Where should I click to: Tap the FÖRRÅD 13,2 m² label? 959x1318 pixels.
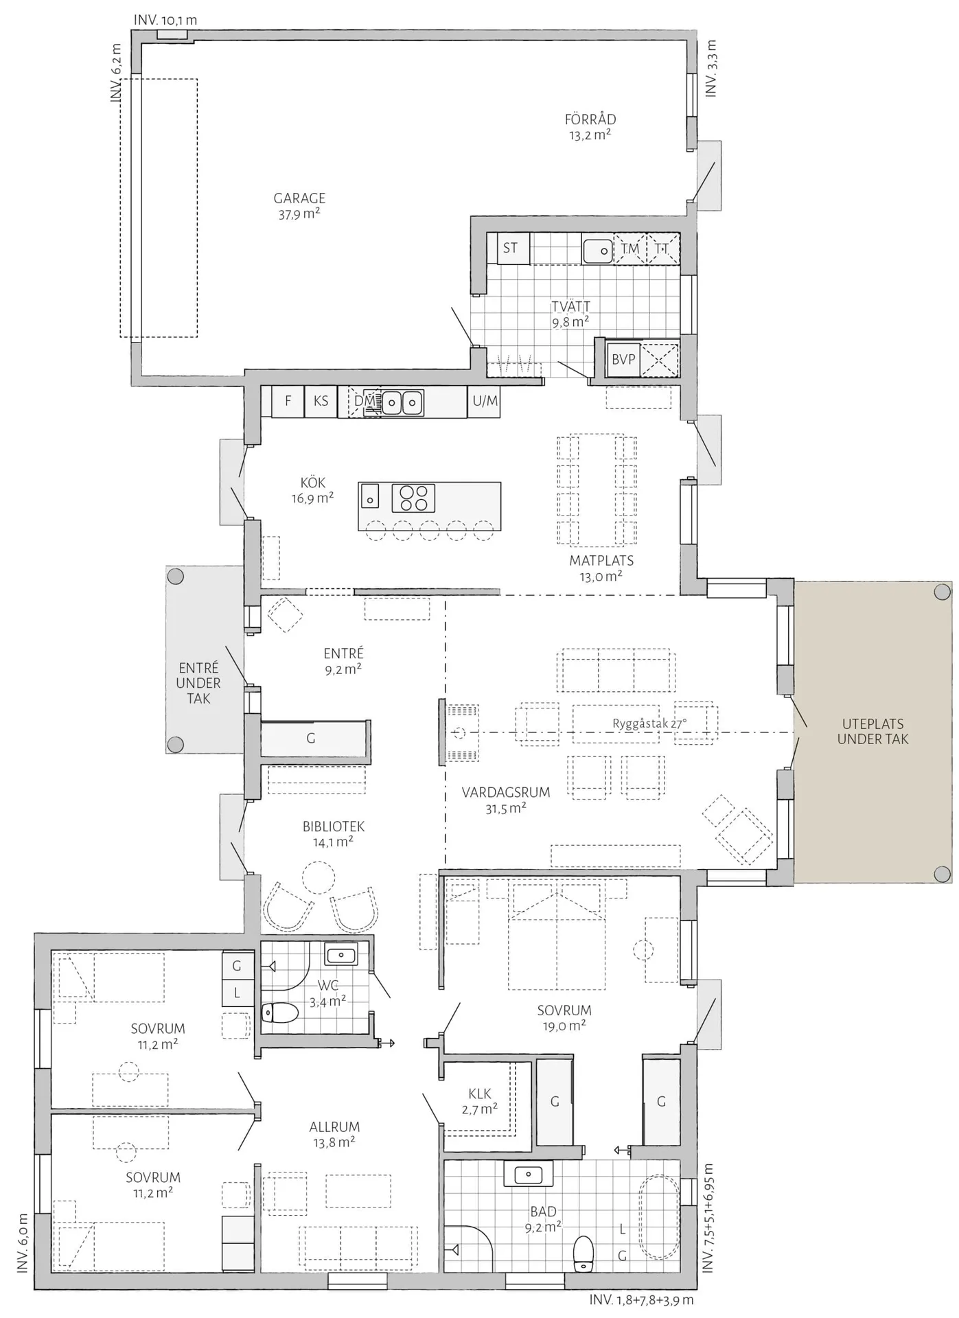pyautogui.click(x=590, y=127)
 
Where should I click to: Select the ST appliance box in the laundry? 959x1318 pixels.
pyautogui.click(x=509, y=248)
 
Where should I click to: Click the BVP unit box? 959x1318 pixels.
pyautogui.click(x=623, y=359)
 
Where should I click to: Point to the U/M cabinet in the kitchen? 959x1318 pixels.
pyautogui.click(x=485, y=401)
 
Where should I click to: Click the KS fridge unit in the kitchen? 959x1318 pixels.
pyautogui.click(x=321, y=401)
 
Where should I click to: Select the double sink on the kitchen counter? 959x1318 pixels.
pyautogui.click(x=402, y=402)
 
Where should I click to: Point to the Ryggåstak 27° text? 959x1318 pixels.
pyautogui.click(x=649, y=724)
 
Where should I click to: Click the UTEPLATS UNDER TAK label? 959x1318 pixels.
pyautogui.click(x=873, y=732)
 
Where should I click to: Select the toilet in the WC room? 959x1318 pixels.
pyautogui.click(x=280, y=1013)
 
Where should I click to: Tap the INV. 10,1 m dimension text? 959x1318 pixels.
pyautogui.click(x=165, y=20)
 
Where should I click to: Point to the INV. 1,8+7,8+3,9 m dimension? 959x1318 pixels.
pyautogui.click(x=641, y=1300)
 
